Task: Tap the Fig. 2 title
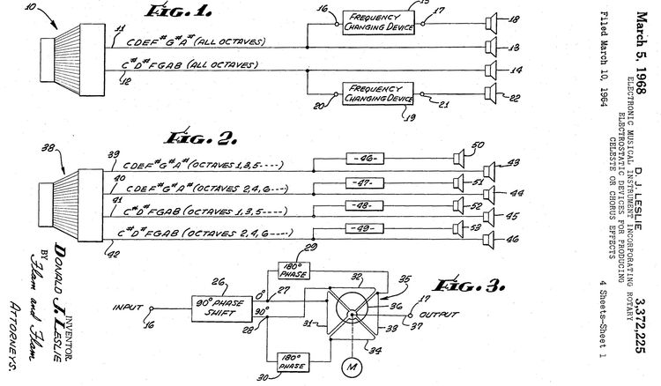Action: click(x=196, y=137)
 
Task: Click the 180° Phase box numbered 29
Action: click(x=292, y=270)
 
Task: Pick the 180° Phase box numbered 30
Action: click(x=292, y=360)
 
